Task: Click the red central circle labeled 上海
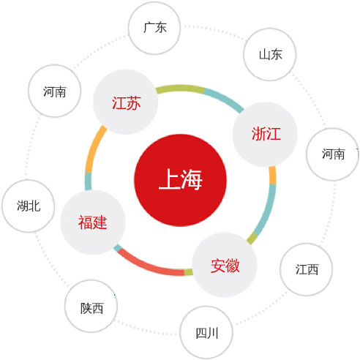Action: pos(180,180)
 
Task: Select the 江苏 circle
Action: pos(126,102)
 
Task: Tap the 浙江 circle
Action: pos(265,135)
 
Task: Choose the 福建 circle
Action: pos(93,222)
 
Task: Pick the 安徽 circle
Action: pos(225,265)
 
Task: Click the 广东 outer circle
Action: pos(154,28)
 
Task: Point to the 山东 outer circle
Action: pos(270,54)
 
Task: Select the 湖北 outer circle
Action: pos(29,206)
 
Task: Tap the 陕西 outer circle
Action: pos(91,306)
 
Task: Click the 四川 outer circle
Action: pos(206,333)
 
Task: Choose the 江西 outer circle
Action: pos(307,269)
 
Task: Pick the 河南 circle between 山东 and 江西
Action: pos(332,154)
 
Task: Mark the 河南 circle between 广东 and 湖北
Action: pos(54,91)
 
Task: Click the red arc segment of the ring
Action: pos(148,266)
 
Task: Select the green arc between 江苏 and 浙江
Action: pos(180,89)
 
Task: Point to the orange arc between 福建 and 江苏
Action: pos(94,149)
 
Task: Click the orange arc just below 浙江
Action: pos(272,176)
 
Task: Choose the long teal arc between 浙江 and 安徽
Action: pos(267,210)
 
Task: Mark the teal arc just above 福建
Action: pos(89,181)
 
